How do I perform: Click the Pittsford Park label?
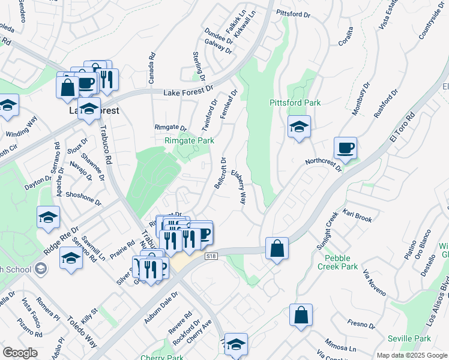(295, 103)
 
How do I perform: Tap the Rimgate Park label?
(190, 140)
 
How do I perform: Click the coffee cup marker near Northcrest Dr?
(345, 148)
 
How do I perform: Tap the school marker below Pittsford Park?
(298, 127)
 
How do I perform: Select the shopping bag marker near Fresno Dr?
(301, 314)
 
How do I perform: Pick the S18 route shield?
(210, 256)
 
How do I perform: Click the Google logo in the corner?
(20, 353)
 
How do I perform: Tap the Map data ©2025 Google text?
(412, 355)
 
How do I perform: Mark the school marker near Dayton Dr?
(48, 218)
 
